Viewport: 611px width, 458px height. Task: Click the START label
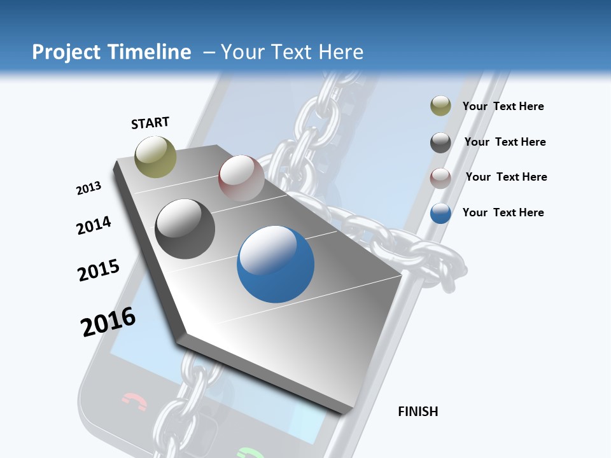[x=150, y=123]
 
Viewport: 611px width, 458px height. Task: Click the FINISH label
[x=418, y=412]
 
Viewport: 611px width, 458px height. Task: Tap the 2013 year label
[x=88, y=188]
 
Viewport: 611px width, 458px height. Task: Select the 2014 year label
[x=94, y=225]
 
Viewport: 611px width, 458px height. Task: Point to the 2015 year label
[x=99, y=270]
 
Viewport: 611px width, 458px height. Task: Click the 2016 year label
[x=108, y=322]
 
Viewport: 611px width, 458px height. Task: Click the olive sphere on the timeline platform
[x=156, y=156]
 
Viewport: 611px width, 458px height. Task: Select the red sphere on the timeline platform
[x=241, y=178]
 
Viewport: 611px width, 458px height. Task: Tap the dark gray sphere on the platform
[x=185, y=229]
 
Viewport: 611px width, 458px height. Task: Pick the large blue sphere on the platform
[x=276, y=264]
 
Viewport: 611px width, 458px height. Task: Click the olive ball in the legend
[x=440, y=106]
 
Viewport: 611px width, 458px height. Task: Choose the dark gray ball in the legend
[x=440, y=142]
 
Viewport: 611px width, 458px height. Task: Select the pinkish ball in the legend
[x=440, y=177]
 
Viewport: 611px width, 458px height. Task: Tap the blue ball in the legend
[x=440, y=213]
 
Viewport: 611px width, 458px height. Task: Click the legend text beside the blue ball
[x=503, y=212]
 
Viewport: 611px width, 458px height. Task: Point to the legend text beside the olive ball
[x=503, y=106]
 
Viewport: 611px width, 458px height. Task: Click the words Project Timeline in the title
[x=111, y=52]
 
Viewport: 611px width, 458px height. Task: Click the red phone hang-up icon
[x=134, y=402]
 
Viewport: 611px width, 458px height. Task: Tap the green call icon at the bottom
[x=249, y=453]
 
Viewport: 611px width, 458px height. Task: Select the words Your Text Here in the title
[x=292, y=52]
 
